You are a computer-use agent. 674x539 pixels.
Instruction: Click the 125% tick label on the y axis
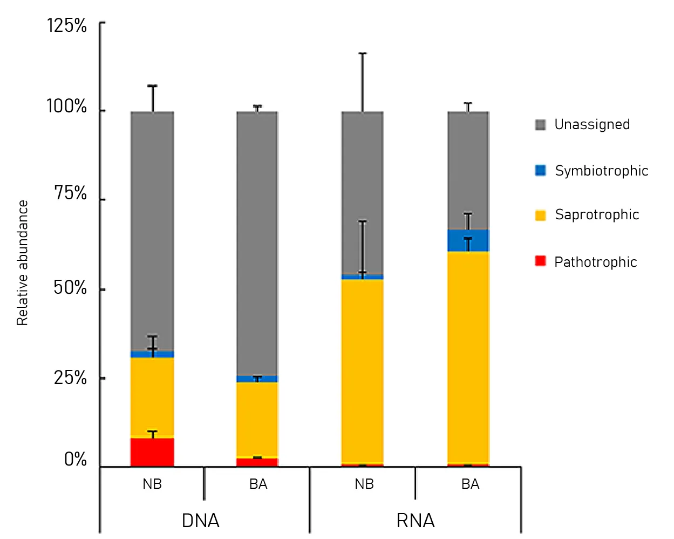coord(67,25)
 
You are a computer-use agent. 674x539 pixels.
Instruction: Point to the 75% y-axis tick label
coord(70,193)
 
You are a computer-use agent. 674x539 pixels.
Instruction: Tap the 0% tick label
coord(76,459)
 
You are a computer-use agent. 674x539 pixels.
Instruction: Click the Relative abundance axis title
coord(22,263)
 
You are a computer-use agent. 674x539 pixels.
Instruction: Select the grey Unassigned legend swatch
coord(540,125)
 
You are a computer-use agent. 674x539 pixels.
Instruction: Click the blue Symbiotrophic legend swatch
coord(540,171)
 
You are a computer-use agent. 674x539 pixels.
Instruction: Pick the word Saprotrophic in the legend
coord(597,214)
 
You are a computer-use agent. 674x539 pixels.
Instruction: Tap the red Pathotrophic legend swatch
coord(540,261)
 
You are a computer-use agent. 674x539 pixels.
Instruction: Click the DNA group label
coord(201,521)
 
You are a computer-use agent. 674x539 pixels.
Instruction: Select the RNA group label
coord(416,521)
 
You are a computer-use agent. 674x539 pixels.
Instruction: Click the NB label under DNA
coord(152,484)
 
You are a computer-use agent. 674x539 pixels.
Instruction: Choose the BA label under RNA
coord(470,484)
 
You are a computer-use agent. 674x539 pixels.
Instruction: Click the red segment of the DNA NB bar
coord(152,452)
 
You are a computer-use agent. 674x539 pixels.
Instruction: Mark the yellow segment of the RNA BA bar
coord(468,356)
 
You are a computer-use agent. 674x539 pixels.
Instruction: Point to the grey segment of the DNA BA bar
coord(257,243)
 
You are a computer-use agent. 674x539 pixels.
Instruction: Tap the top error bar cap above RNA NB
coord(362,53)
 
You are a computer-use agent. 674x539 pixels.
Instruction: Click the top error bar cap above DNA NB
coord(152,85)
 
